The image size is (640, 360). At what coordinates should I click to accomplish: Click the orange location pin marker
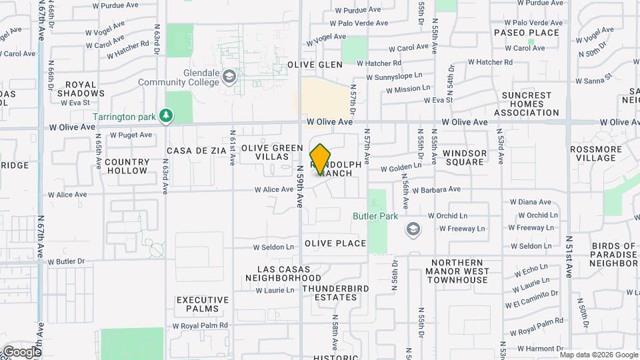[x=320, y=159]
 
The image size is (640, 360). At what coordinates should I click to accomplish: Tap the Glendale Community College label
[x=179, y=77]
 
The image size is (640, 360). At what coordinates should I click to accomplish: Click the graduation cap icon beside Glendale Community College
[x=229, y=77]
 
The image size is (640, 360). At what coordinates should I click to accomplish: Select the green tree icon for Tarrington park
[x=167, y=116]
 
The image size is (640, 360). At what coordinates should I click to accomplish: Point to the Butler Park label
[x=375, y=216]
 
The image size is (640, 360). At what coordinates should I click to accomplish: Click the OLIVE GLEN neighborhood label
[x=315, y=65]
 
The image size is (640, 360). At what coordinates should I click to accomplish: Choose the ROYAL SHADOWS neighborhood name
[x=85, y=89]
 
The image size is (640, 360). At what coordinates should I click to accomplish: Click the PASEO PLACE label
[x=526, y=33]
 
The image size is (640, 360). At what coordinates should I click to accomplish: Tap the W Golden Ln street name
[x=401, y=167]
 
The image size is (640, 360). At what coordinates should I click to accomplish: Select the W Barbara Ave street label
[x=437, y=189]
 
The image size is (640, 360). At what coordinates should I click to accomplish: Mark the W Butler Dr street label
[x=67, y=261]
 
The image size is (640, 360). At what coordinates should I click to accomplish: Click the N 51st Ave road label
[x=569, y=257]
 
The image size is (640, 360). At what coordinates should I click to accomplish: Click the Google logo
[x=21, y=351]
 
